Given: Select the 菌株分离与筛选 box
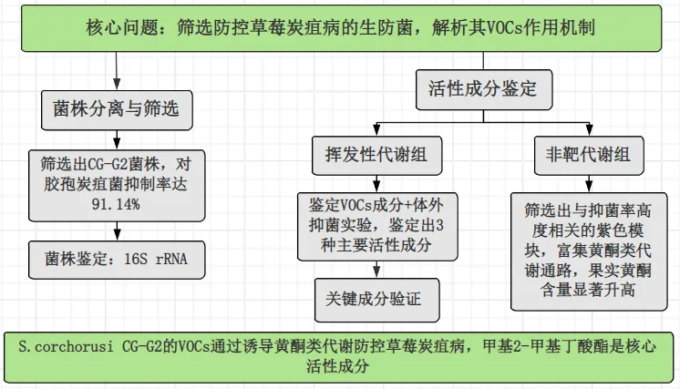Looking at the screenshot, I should tap(117, 110).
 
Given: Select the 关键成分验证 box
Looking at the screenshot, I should tap(376, 297).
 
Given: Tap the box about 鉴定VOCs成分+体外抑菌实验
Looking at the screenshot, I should tap(376, 224).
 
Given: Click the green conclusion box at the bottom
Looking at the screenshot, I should tap(339, 356).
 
